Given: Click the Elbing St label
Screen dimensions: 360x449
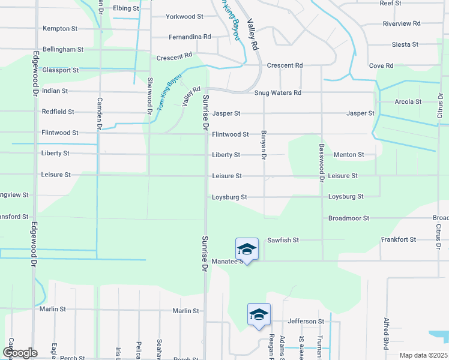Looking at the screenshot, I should [126, 9].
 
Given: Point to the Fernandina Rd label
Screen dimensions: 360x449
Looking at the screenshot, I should [190, 37].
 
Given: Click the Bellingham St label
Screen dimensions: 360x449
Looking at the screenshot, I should [63, 49].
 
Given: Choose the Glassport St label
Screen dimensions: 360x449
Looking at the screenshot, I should [61, 70].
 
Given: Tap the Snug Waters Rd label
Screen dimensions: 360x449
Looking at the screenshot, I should [277, 93].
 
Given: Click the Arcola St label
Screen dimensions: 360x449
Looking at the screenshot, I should [408, 101].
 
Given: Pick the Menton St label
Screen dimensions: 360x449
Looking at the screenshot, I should [349, 154].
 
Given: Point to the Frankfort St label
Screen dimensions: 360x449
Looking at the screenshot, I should [399, 239].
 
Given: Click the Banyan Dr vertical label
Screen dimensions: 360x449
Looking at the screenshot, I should [264, 146].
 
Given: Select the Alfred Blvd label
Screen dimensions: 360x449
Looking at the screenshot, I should [385, 334].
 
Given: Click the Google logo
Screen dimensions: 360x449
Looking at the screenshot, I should [20, 353].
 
